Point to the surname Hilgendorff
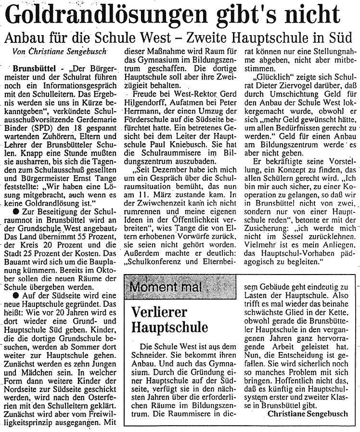147,101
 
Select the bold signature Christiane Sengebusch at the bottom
308,414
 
